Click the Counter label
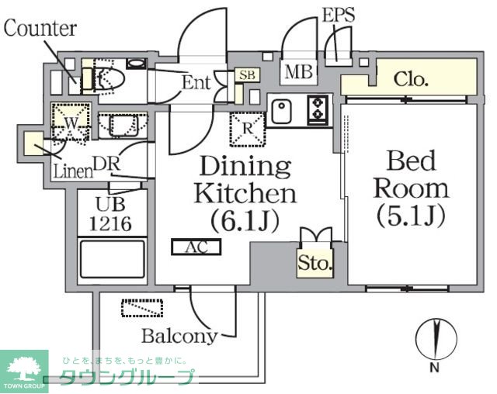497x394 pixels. (40, 29)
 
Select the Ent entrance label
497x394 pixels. (197, 82)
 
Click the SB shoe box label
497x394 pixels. (247, 75)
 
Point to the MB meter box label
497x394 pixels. (298, 74)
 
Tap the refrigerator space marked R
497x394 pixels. (247, 129)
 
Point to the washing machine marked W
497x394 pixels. (69, 123)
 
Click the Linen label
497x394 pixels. (72, 170)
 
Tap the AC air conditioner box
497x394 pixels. (196, 247)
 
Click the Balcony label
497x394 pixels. (179, 336)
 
